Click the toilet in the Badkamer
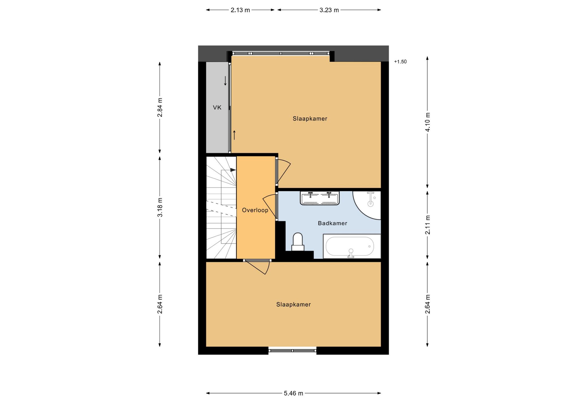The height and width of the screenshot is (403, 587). tap(298, 242)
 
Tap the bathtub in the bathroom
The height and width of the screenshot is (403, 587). tap(352, 246)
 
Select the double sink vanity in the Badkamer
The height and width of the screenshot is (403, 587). tap(320, 198)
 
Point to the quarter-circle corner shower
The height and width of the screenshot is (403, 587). tap(367, 205)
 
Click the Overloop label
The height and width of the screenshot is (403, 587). tap(255, 210)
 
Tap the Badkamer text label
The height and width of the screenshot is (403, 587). tap(332, 223)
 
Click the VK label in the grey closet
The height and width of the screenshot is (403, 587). tap(217, 108)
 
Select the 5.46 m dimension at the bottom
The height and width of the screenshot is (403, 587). tap(293, 393)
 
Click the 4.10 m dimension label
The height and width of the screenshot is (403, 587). tap(428, 122)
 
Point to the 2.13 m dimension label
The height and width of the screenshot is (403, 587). tap(240, 10)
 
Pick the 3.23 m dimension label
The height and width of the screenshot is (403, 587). tap(329, 10)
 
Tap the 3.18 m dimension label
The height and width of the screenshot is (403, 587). tap(160, 207)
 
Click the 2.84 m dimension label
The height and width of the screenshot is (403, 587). tap(160, 107)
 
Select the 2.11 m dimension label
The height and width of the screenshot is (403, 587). tap(428, 225)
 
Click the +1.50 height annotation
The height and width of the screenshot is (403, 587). tap(400, 62)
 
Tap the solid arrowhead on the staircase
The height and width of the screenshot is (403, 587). tap(233, 170)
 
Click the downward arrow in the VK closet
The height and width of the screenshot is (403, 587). tap(225, 81)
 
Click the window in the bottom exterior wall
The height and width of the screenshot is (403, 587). tap(292, 350)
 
